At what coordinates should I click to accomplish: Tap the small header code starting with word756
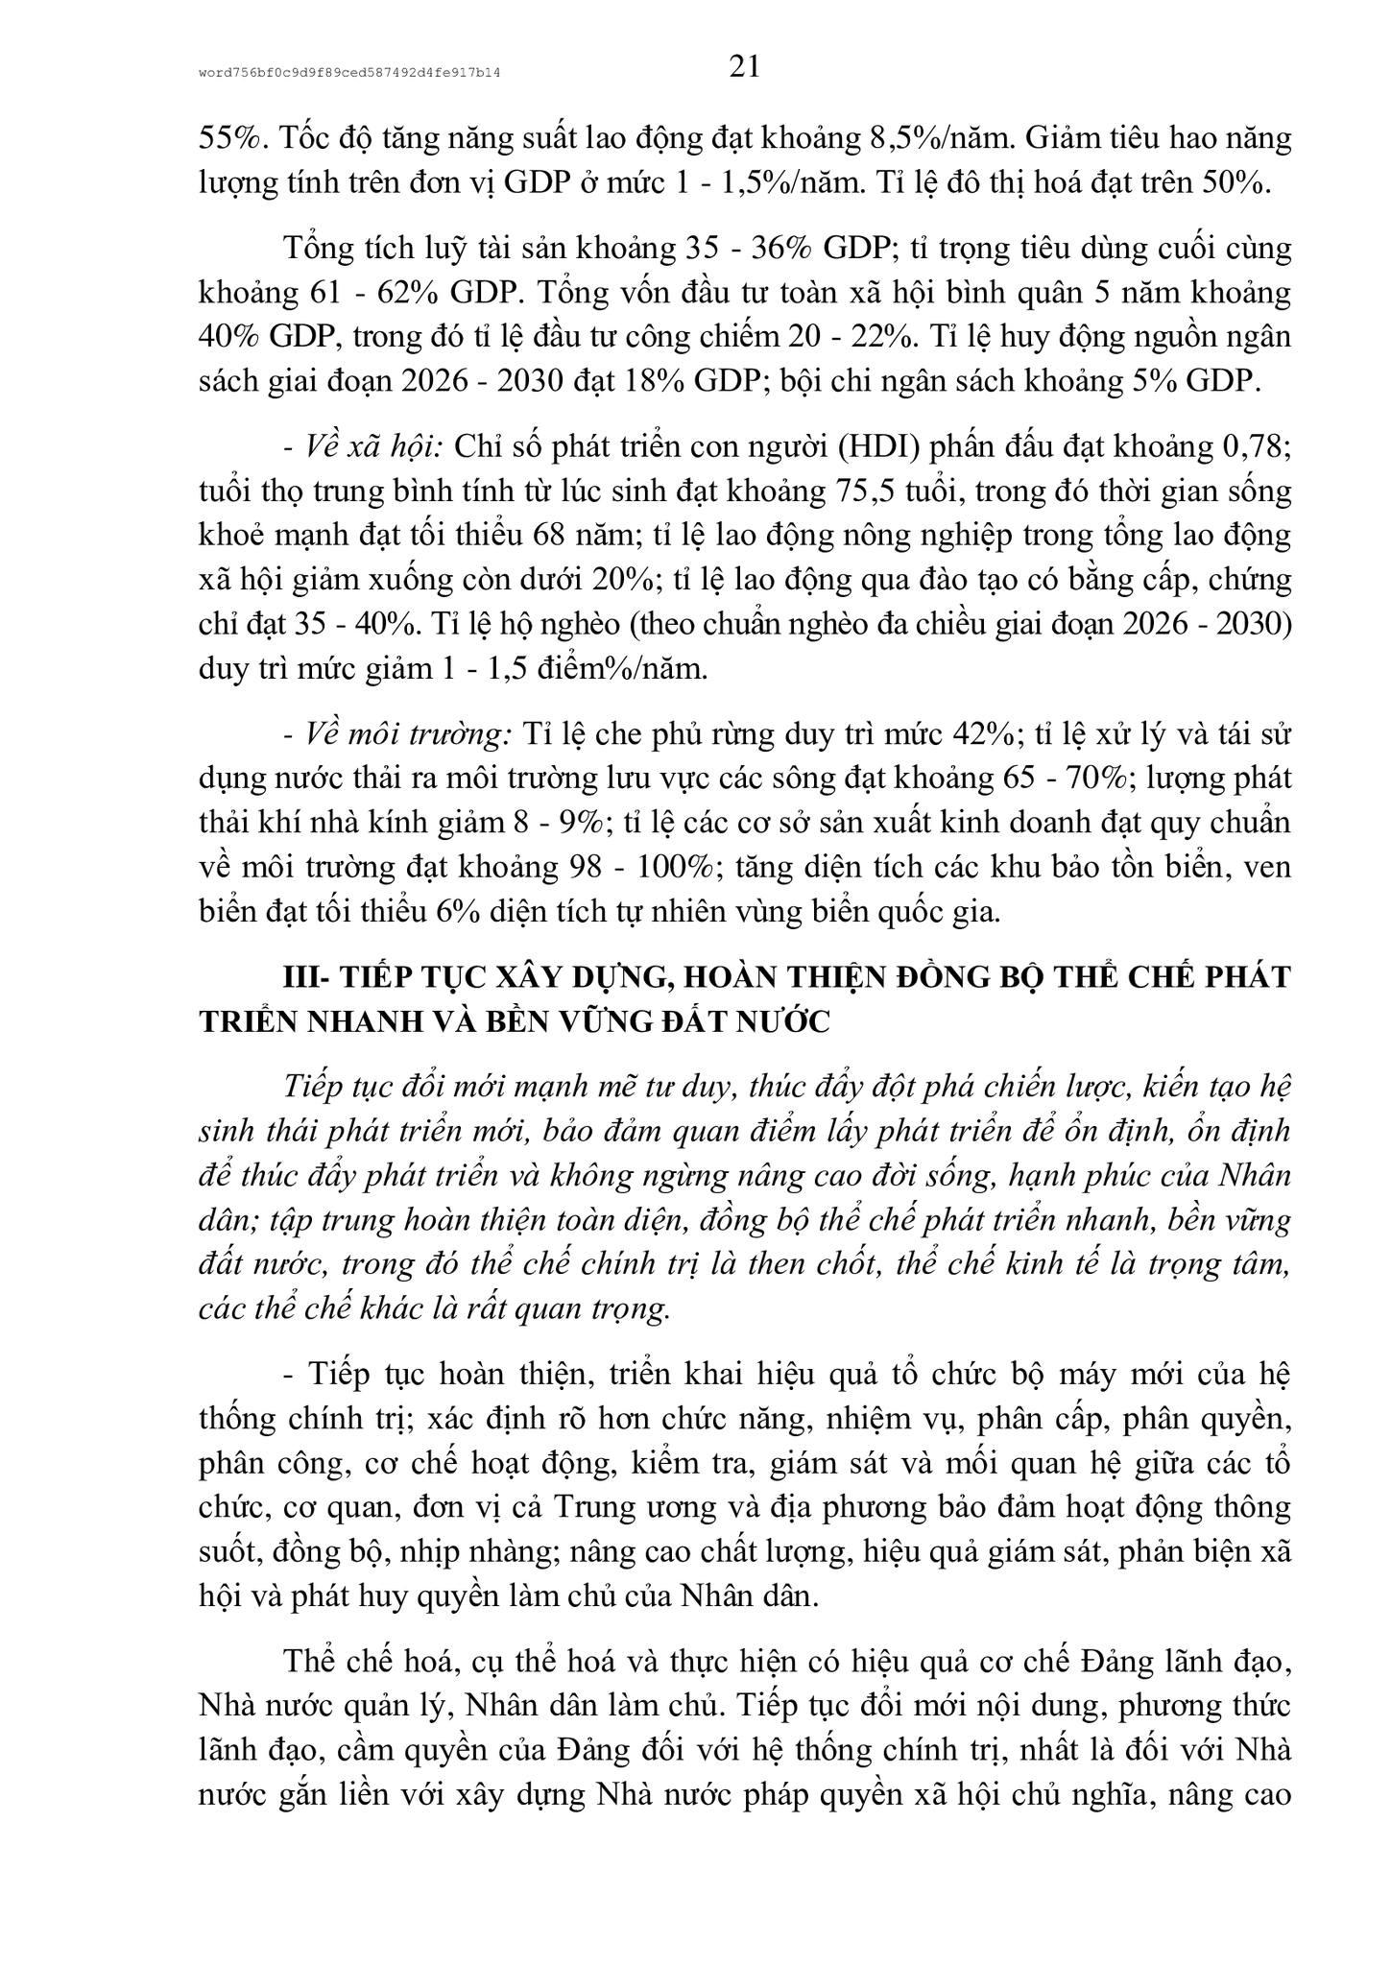pyautogui.click(x=350, y=72)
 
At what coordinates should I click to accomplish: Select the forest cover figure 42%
pyautogui.click(x=980, y=734)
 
